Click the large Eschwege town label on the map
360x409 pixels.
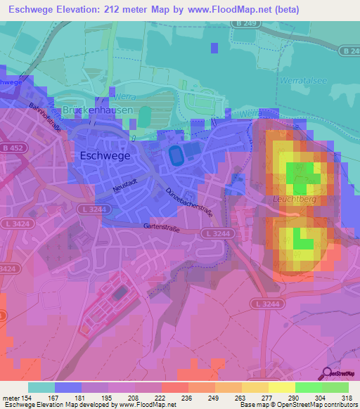click(105, 155)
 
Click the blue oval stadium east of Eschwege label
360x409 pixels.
click(174, 154)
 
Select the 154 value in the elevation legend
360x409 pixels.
click(27, 398)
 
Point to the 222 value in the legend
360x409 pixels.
click(161, 398)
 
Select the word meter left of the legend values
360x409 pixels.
click(11, 398)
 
